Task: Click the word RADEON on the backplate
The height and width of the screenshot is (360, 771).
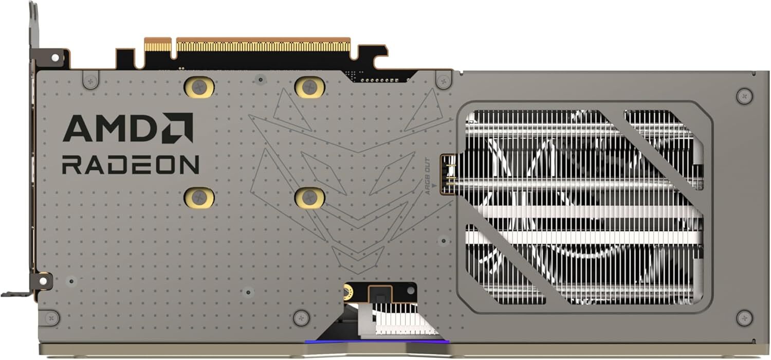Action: click(130, 165)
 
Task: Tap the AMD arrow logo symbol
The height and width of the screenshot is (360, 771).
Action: click(177, 128)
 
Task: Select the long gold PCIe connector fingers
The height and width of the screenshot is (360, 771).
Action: click(263, 46)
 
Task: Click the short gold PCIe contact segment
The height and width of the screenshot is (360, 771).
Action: click(157, 45)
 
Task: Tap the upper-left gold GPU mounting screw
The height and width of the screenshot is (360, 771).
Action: click(199, 87)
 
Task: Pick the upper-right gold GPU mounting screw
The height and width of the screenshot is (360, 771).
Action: click(309, 87)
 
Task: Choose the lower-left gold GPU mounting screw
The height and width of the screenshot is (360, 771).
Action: click(199, 197)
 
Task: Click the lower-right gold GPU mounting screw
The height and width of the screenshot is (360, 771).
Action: click(309, 197)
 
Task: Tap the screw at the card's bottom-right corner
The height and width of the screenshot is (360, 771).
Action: click(744, 318)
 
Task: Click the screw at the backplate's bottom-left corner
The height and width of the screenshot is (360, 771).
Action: click(51, 318)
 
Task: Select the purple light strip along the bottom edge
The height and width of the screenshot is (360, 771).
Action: click(377, 340)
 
